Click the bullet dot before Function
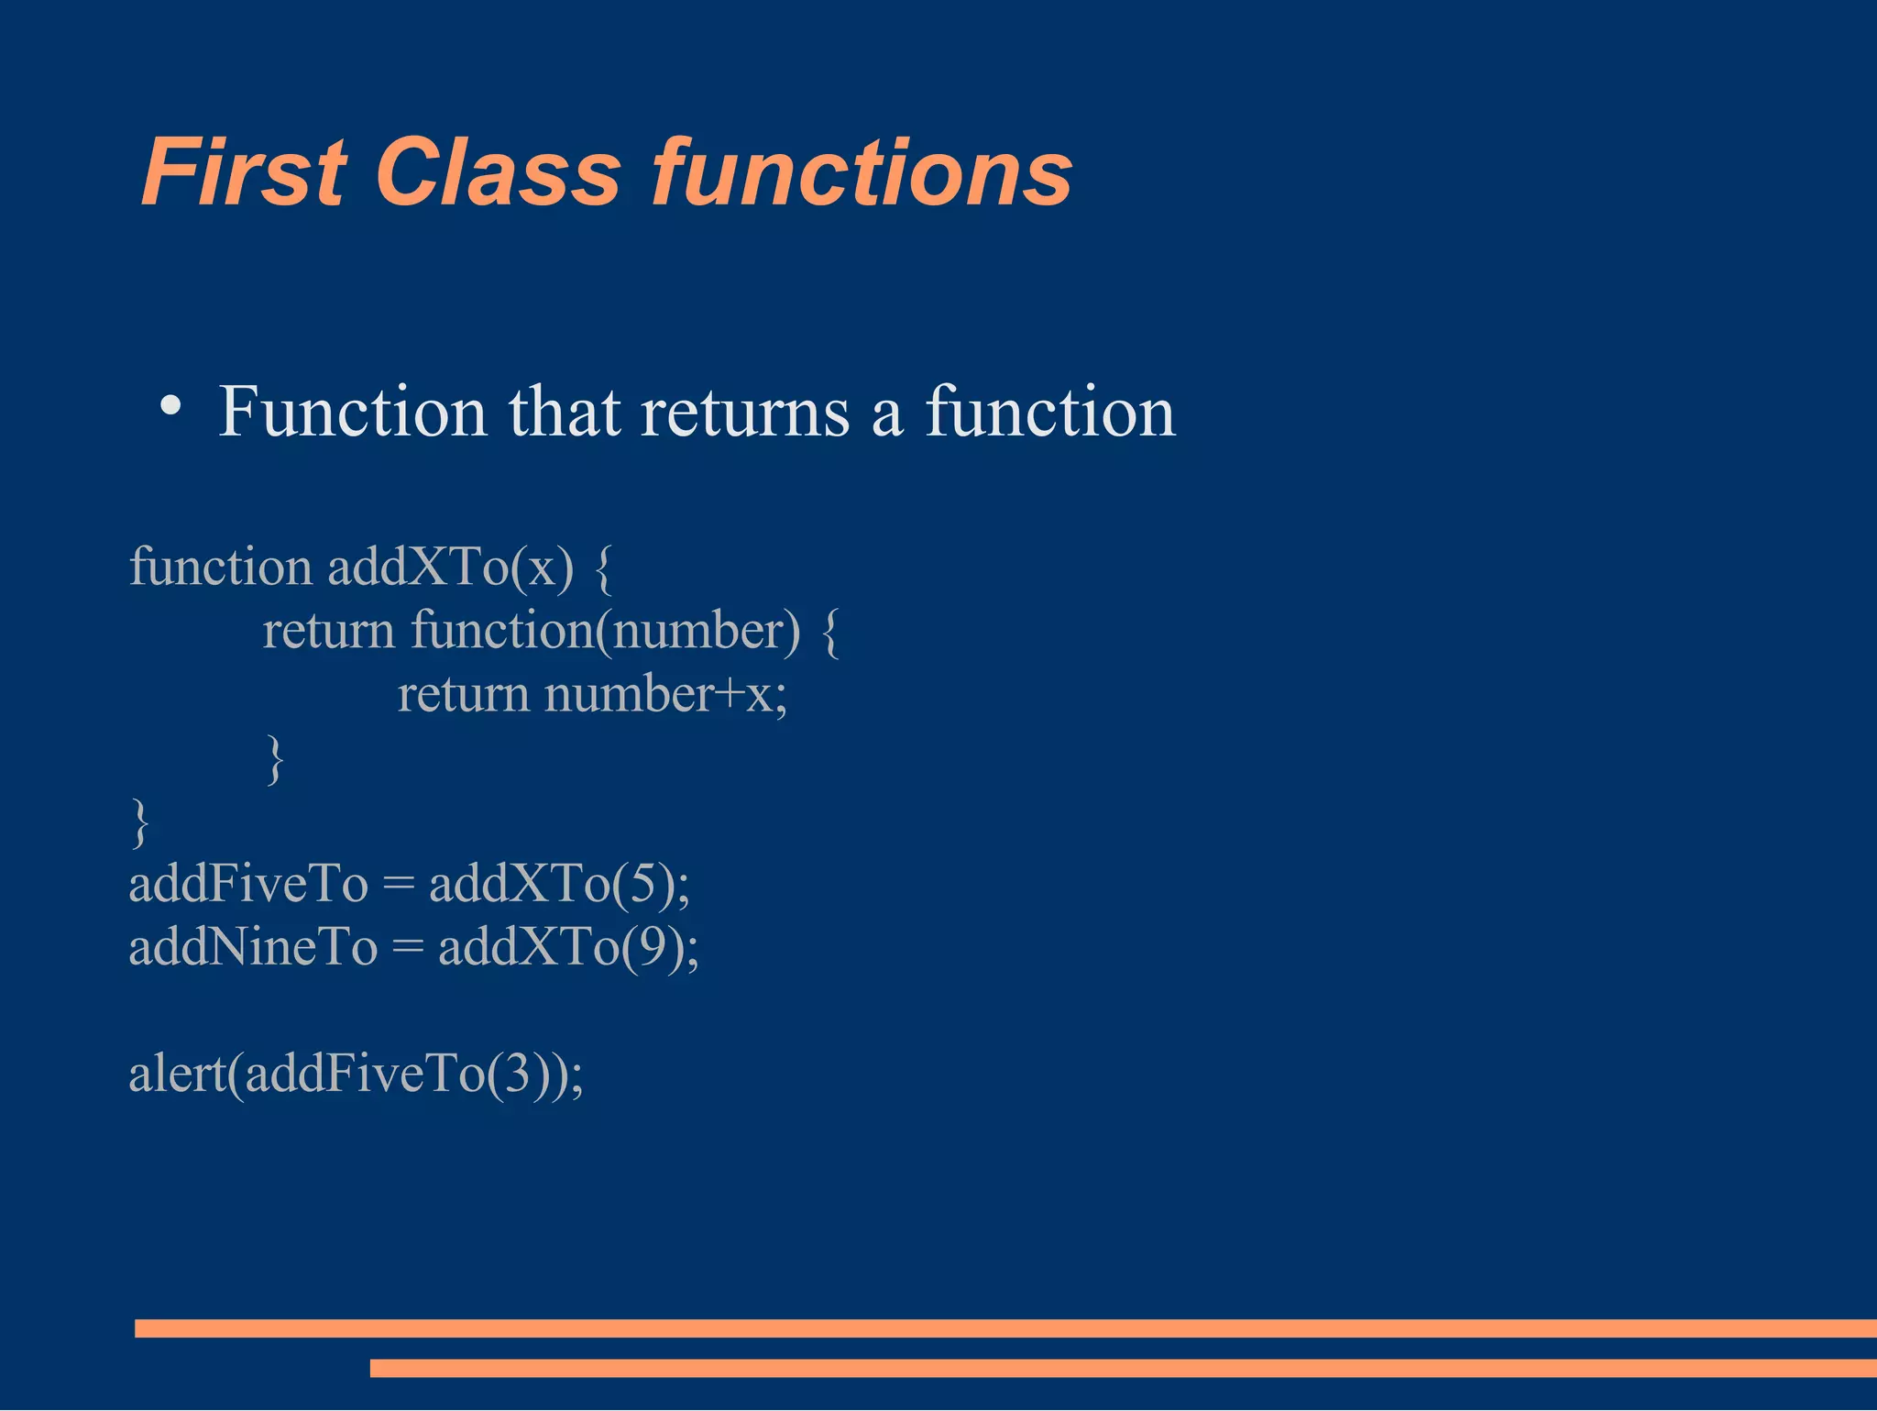(x=170, y=406)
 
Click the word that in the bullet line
(x=565, y=413)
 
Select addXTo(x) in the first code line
(x=450, y=567)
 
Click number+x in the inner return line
(x=665, y=694)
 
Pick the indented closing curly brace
(x=274, y=759)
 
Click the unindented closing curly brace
(x=140, y=822)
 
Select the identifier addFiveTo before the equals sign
(x=248, y=885)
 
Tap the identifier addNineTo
(x=253, y=947)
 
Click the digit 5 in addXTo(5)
(x=644, y=885)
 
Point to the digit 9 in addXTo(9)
(x=653, y=947)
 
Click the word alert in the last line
(x=176, y=1074)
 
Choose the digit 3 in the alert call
(x=517, y=1074)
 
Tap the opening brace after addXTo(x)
(x=602, y=568)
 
